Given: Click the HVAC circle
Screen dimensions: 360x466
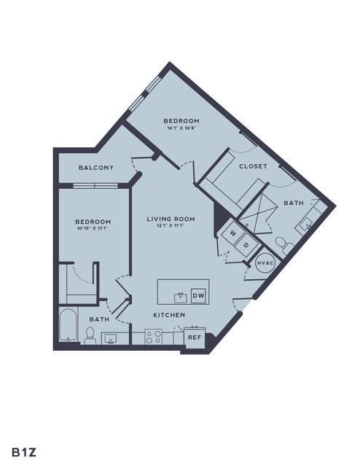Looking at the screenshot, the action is [x=265, y=263].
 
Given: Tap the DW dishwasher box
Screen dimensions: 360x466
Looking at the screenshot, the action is [x=198, y=295].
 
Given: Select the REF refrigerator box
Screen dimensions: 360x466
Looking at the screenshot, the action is [x=195, y=338].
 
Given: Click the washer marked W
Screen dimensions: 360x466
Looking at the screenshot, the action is [x=233, y=233].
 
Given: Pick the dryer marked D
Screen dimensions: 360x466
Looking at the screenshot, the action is [x=246, y=245].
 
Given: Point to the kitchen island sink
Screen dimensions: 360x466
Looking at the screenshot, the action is [x=181, y=298].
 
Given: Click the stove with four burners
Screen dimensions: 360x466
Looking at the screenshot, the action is [x=154, y=337].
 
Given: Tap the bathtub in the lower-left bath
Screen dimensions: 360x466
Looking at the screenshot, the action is [x=69, y=325].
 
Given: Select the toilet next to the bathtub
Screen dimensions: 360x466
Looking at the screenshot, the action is [x=90, y=336].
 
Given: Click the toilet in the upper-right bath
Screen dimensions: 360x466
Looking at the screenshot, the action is [x=283, y=245].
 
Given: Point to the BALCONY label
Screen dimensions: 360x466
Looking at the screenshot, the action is [x=96, y=168].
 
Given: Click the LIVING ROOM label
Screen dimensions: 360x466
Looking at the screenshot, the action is [x=171, y=219].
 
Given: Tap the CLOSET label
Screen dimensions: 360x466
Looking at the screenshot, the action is [x=253, y=166].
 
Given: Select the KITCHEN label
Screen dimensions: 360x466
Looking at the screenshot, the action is [x=169, y=315].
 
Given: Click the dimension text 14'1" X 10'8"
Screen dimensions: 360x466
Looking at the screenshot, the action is [x=181, y=128].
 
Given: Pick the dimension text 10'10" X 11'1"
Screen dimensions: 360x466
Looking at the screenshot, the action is [x=93, y=228].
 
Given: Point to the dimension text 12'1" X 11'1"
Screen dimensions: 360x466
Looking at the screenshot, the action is [x=171, y=225].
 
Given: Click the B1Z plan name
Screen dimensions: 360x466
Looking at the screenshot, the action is [x=24, y=452].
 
